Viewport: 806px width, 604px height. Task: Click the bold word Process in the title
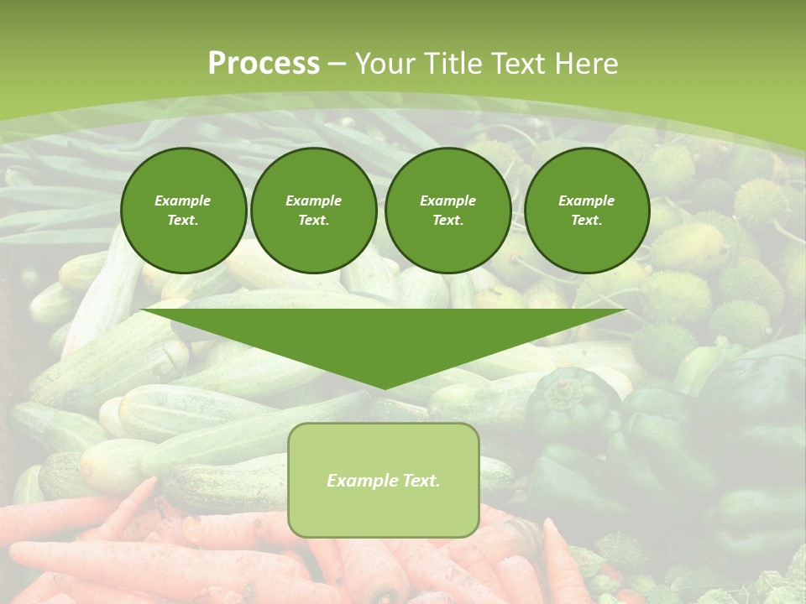click(x=264, y=64)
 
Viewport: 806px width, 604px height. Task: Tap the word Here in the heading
click(x=585, y=64)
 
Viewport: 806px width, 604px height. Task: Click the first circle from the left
click(x=183, y=211)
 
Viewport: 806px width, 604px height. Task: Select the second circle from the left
click(x=314, y=211)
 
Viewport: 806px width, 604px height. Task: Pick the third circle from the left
click(x=448, y=211)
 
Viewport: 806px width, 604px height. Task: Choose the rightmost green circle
click(x=587, y=211)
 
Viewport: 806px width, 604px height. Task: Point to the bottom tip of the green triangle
click(x=384, y=388)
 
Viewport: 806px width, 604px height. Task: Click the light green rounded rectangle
click(x=384, y=503)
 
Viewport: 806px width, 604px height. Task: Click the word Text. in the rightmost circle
click(x=587, y=221)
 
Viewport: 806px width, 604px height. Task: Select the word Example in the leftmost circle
click(x=183, y=200)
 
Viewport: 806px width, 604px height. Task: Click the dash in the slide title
click(x=337, y=64)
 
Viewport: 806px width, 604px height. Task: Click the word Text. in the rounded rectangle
click(x=420, y=481)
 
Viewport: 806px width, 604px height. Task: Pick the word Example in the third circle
click(x=448, y=200)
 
